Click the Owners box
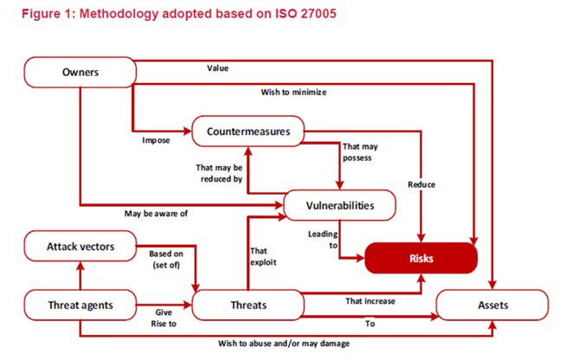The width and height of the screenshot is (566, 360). pos(79,72)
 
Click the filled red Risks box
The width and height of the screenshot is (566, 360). pos(421,258)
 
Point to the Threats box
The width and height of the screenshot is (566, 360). pos(248,305)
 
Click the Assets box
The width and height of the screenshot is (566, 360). pos(492,305)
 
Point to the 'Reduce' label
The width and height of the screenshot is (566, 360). pos(421,184)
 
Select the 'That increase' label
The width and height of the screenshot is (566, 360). pos(370,301)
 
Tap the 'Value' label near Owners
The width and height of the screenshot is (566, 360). pos(217,68)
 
